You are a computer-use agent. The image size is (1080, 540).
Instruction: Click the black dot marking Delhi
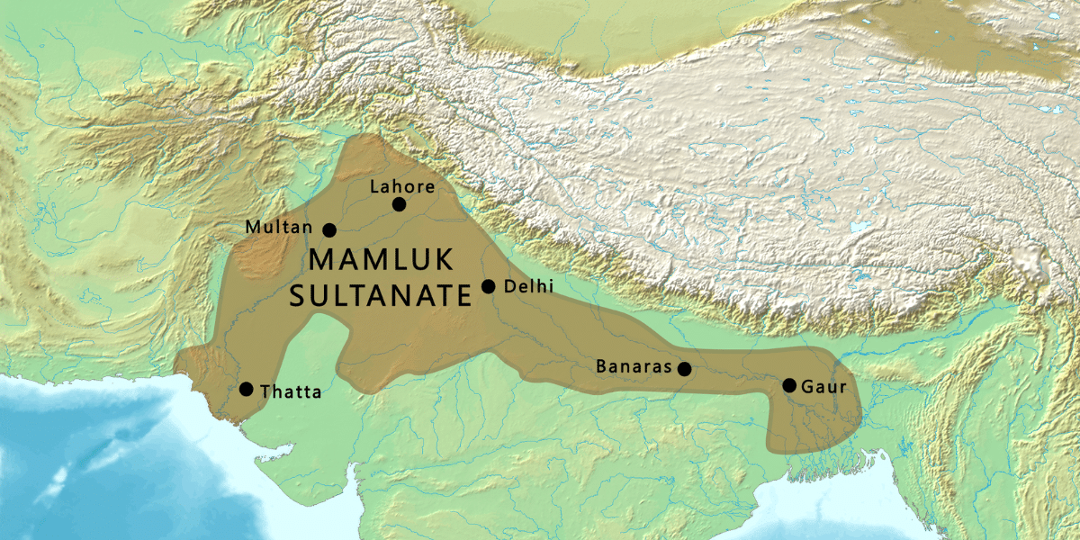pos(489,286)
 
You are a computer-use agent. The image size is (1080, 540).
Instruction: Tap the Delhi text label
pos(529,286)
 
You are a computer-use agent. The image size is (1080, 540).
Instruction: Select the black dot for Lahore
pos(400,205)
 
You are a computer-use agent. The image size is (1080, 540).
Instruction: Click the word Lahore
pos(402,187)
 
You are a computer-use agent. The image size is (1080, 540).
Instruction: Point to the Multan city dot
pos(329,230)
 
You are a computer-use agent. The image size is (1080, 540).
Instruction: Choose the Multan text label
pos(278,229)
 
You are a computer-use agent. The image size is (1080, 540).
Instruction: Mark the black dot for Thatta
pos(247,389)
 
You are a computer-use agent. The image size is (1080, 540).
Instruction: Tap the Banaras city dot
pos(684,369)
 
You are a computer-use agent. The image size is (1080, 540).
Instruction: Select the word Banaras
pos(634,367)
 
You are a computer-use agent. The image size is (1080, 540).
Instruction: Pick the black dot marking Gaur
pos(789,385)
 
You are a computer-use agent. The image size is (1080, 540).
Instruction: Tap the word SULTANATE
pos(380,295)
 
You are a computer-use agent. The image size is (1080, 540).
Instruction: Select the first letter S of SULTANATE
pos(298,295)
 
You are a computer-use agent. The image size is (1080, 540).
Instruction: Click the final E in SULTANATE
pos(463,295)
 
